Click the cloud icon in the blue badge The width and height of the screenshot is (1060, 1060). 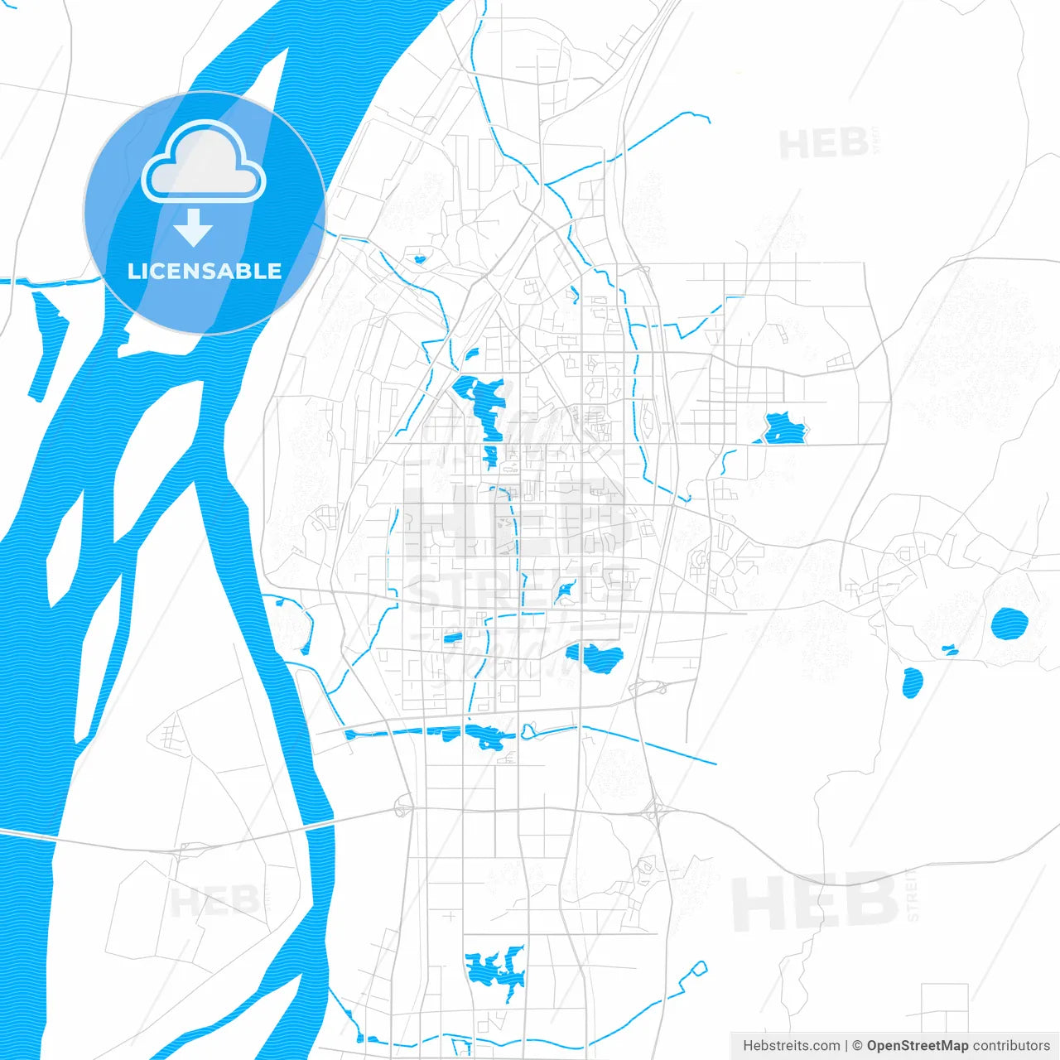[204, 162]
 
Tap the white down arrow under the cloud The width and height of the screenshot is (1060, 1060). [193, 227]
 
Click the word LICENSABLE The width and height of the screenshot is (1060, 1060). [205, 271]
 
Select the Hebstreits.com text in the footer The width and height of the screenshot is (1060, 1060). [791, 1046]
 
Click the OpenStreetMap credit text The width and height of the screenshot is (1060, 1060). [918, 1046]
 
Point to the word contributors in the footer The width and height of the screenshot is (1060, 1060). [1011, 1046]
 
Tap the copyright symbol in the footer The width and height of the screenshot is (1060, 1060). [857, 1046]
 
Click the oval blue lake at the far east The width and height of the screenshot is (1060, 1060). [1009, 624]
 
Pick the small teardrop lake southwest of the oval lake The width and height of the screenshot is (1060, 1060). [912, 682]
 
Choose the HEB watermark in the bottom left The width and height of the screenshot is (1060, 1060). [214, 901]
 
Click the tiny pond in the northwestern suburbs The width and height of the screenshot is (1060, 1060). [420, 258]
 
